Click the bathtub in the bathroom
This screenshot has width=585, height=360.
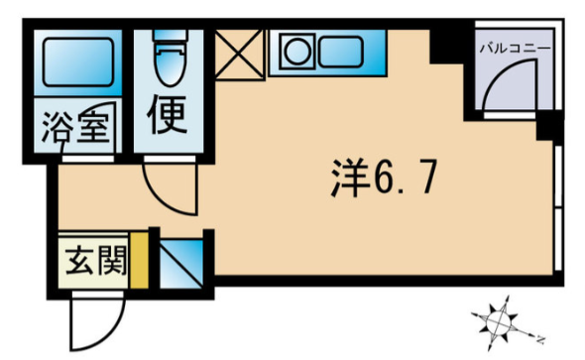(78, 62)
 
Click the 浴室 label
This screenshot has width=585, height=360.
(75, 127)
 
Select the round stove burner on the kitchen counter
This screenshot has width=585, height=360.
(297, 52)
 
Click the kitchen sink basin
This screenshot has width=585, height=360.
(341, 52)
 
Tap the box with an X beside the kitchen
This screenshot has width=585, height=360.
(239, 55)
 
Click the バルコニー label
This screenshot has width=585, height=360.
(515, 49)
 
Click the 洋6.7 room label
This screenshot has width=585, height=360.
(384, 178)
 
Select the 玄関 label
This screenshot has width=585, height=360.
(96, 261)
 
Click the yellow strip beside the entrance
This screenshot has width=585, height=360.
(139, 261)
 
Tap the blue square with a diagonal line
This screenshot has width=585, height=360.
(181, 264)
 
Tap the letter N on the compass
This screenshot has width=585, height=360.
(539, 339)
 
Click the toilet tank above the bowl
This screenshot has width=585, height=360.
(170, 36)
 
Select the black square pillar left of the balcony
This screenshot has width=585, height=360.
(445, 47)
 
